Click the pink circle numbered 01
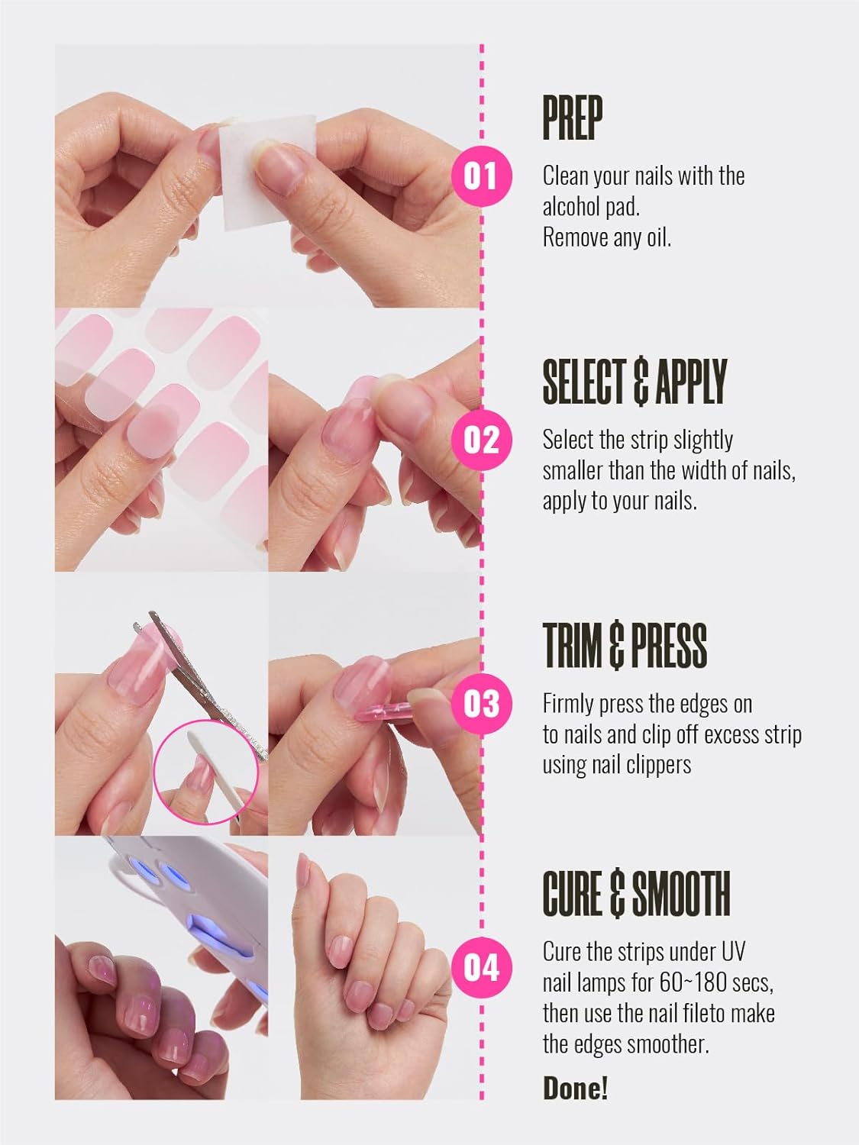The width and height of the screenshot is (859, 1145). click(480, 176)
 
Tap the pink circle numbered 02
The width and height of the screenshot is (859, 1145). click(480, 440)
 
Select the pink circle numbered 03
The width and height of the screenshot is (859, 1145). click(480, 703)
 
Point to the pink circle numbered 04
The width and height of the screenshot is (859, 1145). click(480, 967)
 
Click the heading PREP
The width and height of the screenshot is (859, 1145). click(572, 118)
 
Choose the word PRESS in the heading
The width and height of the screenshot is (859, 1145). click(668, 645)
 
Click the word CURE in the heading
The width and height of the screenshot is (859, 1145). click(572, 894)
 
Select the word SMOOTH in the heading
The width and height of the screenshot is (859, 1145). click(681, 894)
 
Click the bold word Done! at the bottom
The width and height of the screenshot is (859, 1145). click(575, 1088)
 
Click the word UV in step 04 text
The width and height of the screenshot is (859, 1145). click(732, 952)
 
